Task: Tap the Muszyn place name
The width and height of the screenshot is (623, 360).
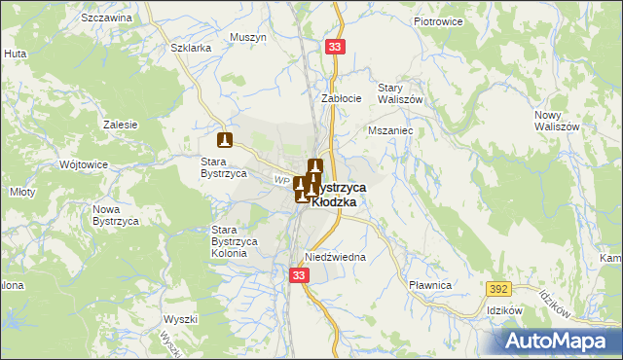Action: tap(248, 37)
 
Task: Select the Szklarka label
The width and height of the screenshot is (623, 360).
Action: tap(190, 48)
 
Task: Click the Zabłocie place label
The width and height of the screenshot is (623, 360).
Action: tap(342, 97)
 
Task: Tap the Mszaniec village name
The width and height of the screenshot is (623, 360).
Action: tap(391, 128)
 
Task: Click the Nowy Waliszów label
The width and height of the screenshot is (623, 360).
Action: tap(557, 121)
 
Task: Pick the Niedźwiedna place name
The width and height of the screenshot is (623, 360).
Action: tap(334, 257)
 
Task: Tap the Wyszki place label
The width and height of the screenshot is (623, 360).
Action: tap(181, 319)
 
